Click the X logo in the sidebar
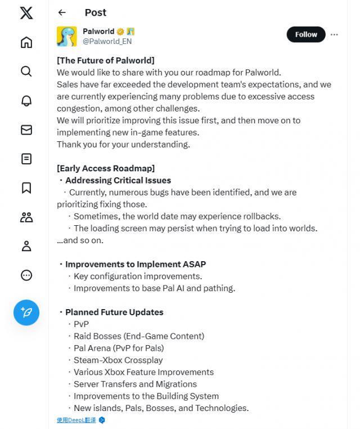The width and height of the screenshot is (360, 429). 26,13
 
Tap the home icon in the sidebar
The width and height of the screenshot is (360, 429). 26,42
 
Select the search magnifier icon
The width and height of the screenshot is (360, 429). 26,71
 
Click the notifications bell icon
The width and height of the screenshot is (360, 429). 26,101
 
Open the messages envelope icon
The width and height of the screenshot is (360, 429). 26,130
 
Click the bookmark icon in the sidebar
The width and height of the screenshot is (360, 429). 26,188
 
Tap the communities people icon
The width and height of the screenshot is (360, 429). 26,217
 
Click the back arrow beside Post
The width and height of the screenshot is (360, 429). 62,12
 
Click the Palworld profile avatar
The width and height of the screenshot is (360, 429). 66,37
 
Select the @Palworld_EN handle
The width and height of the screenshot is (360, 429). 107,42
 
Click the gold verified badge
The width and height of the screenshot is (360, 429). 120,32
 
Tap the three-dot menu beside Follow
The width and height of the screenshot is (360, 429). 334,34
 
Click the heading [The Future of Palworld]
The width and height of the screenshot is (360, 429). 105,60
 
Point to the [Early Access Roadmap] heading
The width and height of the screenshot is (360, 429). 106,168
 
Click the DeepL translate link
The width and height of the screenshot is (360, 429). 76,420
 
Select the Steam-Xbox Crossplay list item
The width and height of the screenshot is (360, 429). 118,360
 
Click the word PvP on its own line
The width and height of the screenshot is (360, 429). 81,324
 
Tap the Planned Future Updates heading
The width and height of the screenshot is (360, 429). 114,312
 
